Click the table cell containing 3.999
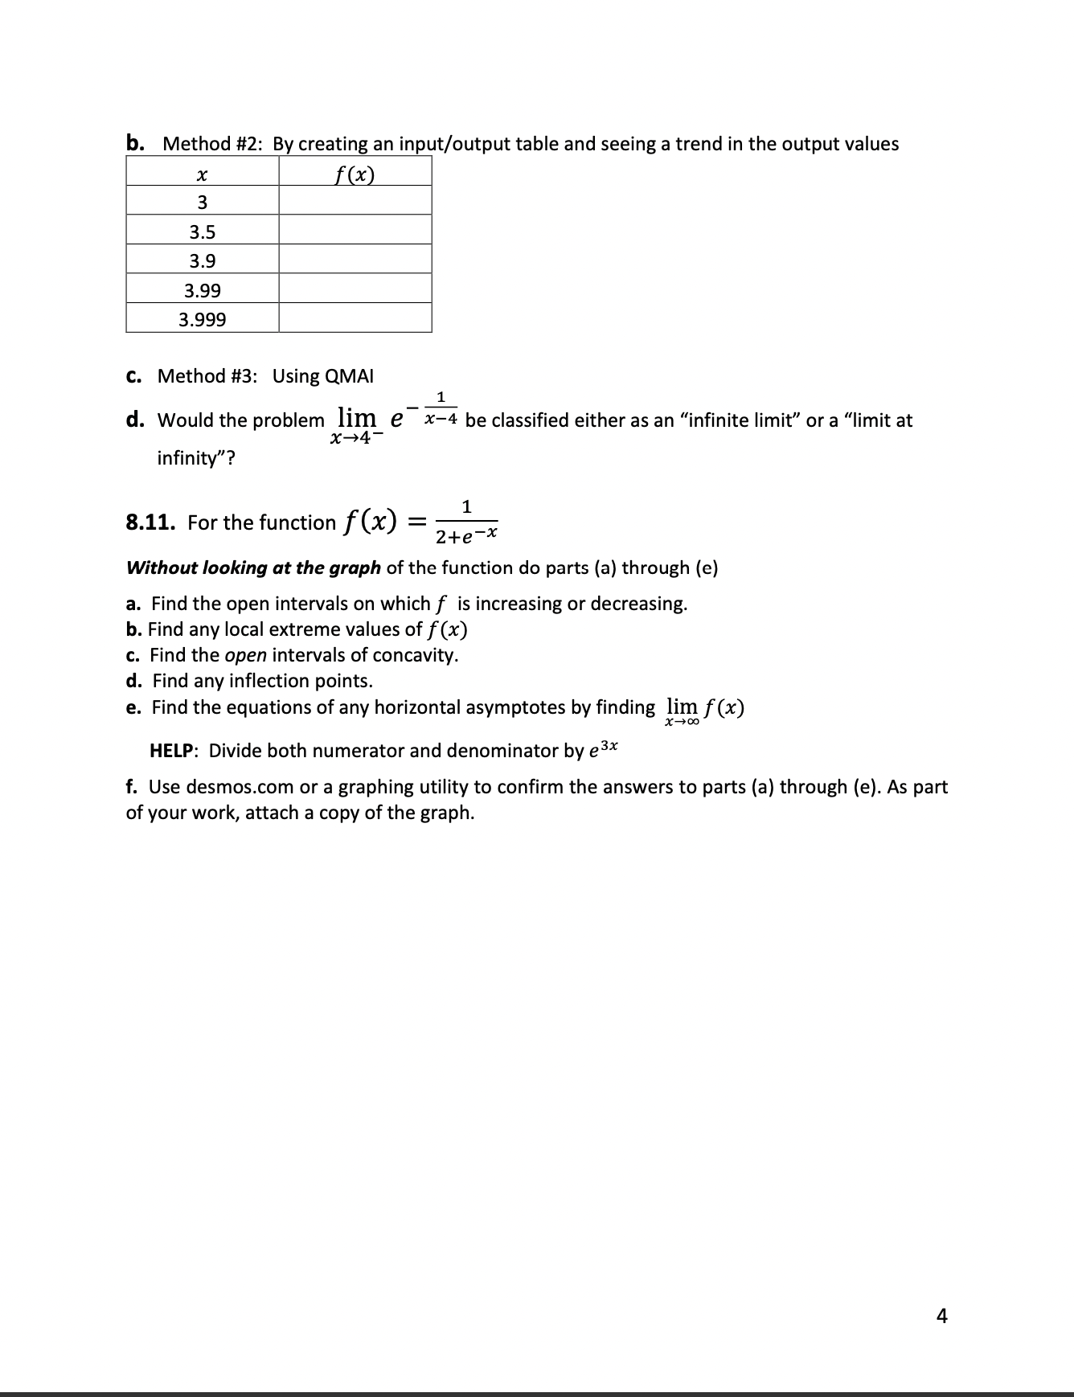click(203, 319)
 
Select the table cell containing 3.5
click(203, 232)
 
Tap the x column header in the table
click(203, 173)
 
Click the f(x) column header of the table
click(355, 173)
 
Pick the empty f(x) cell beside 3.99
click(355, 290)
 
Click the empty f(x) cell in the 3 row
click(355, 201)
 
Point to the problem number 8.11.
click(151, 523)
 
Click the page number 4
click(942, 1316)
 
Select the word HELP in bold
click(172, 751)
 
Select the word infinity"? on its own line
click(196, 459)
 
